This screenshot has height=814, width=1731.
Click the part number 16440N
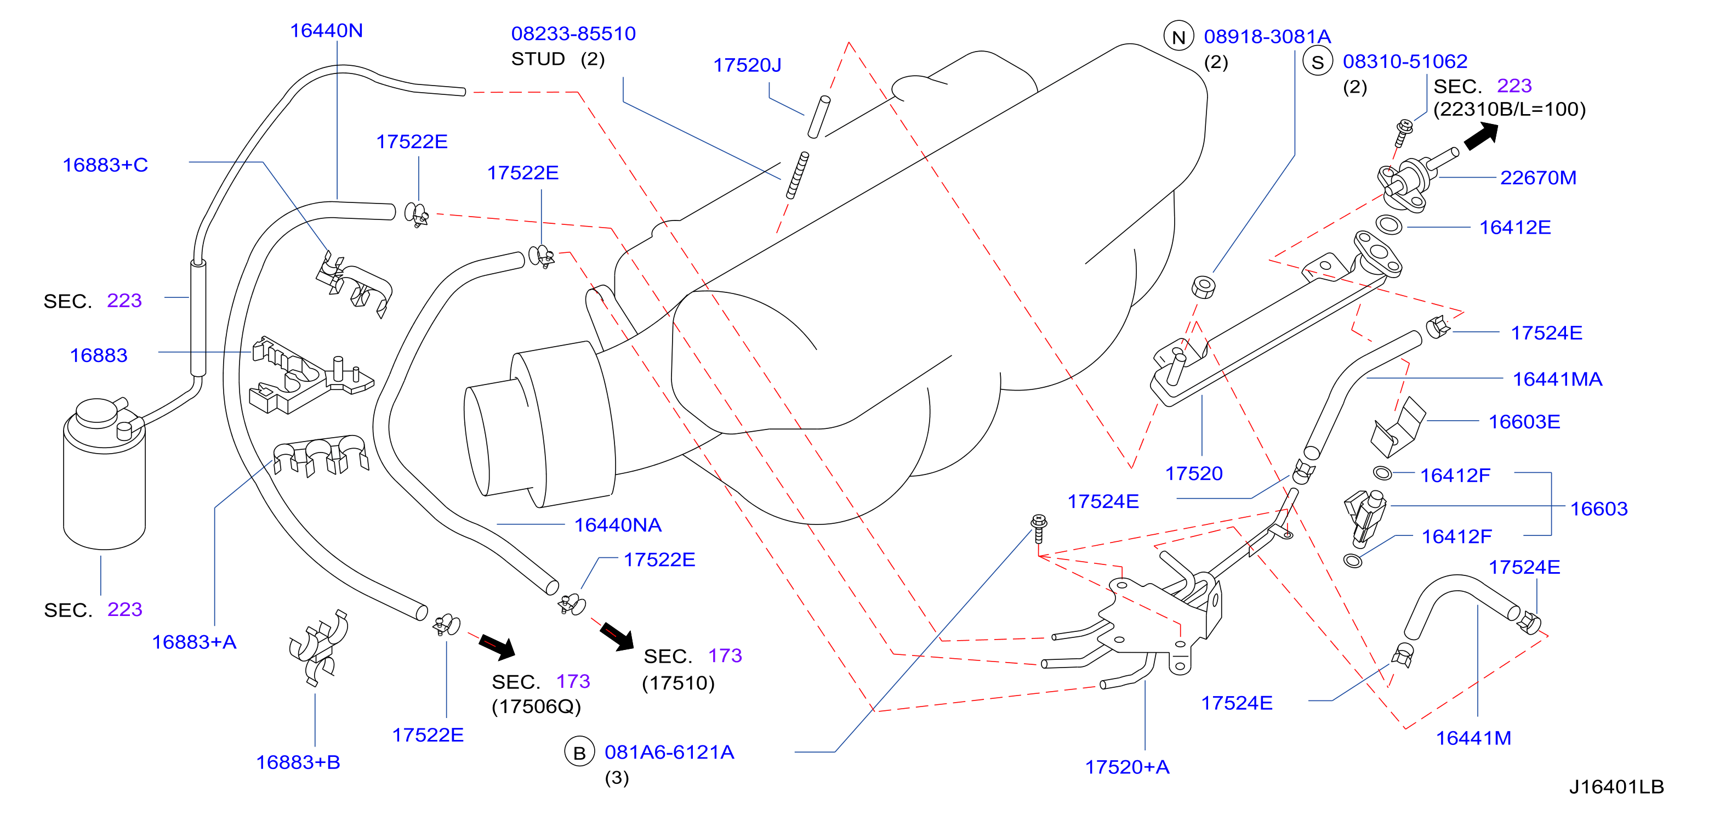coord(326,31)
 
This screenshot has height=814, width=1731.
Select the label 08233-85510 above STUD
coord(573,33)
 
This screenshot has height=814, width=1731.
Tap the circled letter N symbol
coord(1178,36)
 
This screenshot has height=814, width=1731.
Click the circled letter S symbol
coord(1318,62)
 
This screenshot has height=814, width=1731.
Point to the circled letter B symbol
coord(579,752)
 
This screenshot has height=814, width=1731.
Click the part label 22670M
coord(1538,178)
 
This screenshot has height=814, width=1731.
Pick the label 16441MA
coord(1557,379)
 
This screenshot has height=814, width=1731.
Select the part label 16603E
coord(1524,422)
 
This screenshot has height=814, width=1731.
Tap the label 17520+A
coord(1127,767)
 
